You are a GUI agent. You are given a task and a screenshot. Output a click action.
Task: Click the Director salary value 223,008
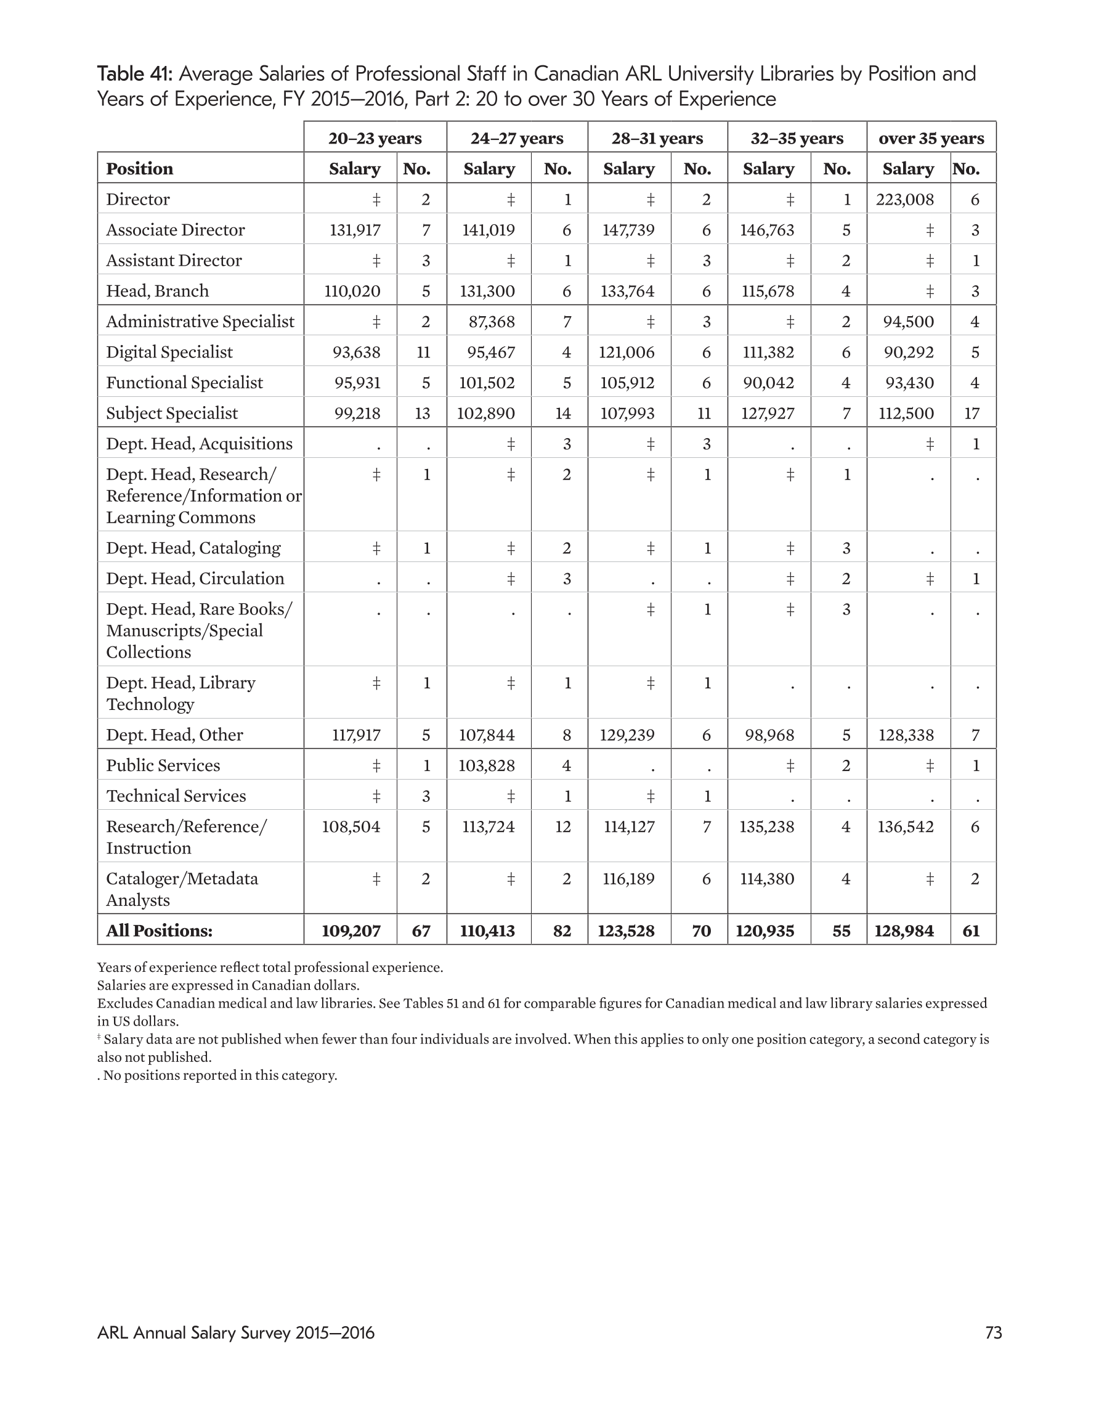pos(904,200)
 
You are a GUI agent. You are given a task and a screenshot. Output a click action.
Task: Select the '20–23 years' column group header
pos(375,138)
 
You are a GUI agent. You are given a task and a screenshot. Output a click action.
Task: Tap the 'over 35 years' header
pos(931,138)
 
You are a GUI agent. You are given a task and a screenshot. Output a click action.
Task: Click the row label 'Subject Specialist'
pos(172,413)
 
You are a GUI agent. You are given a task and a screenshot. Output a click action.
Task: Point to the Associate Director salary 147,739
pos(628,230)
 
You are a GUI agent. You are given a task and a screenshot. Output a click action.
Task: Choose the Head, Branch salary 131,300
pos(488,291)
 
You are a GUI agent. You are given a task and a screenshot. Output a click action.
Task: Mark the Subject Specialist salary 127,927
pos(767,413)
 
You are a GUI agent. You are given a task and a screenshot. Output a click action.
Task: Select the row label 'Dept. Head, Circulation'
pos(195,579)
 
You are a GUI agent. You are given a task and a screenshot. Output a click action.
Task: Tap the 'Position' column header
pos(139,169)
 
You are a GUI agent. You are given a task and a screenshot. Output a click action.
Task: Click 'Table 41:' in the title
pos(135,73)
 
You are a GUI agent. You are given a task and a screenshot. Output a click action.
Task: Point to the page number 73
pos(993,1332)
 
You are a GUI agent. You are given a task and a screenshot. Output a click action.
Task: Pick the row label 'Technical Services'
pos(176,796)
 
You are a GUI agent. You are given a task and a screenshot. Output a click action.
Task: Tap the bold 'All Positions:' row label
pos(159,931)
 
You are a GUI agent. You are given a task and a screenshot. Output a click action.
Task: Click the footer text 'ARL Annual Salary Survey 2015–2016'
pos(236,1332)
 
